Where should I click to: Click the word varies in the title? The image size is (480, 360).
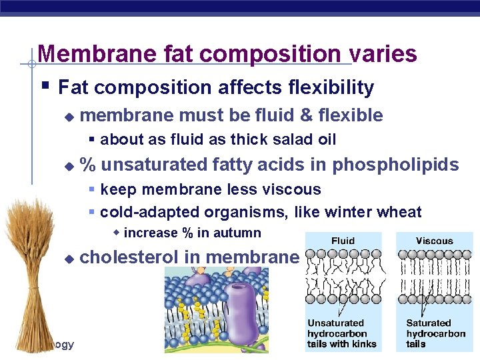pos(386,53)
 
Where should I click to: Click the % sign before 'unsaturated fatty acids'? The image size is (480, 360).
pos(86,164)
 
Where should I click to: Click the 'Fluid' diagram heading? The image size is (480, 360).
pos(343,240)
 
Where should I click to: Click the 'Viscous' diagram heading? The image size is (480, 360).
pos(434,240)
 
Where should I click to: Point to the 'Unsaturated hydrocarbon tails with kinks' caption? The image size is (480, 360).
pos(341,333)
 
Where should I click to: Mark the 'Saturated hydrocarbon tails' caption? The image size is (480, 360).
pos(435,333)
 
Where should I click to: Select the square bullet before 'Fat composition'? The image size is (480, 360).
pos(43,87)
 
